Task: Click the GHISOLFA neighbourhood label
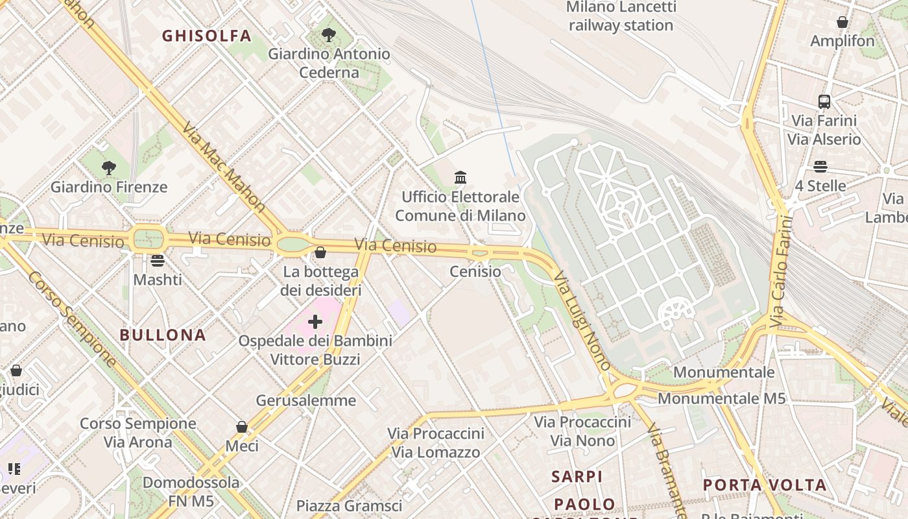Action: (206, 36)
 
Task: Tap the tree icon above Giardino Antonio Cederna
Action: (329, 34)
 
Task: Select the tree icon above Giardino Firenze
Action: (109, 168)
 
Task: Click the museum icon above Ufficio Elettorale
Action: (460, 177)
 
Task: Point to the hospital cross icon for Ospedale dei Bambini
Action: (315, 322)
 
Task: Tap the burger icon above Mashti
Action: (157, 261)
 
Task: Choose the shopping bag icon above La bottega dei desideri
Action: (320, 252)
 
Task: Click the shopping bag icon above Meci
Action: (242, 427)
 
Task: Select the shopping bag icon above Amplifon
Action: (842, 22)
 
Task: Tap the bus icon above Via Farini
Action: (824, 102)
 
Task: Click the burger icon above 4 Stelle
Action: (820, 167)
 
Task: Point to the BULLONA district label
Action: (163, 335)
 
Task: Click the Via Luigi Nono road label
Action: (582, 321)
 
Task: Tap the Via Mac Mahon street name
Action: (224, 167)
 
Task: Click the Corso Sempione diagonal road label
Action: (71, 318)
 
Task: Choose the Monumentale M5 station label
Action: (722, 398)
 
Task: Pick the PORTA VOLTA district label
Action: (765, 485)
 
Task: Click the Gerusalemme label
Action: (306, 400)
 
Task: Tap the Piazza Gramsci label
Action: (349, 505)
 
